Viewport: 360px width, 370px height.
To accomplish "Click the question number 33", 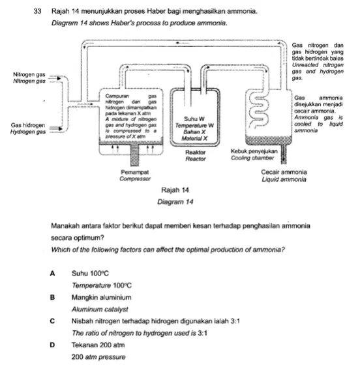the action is pyautogui.click(x=37, y=11).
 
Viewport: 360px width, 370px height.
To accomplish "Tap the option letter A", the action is pyautogui.click(x=52, y=274).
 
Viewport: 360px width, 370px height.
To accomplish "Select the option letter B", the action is pyautogui.click(x=52, y=297).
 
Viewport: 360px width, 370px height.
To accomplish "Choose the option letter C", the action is pyautogui.click(x=52, y=321).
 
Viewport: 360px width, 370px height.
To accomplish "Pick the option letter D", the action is pyautogui.click(x=52, y=345).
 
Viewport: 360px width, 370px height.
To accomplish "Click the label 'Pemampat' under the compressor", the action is pyautogui.click(x=134, y=172).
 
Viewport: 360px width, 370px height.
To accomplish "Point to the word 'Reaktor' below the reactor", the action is pyautogui.click(x=196, y=152).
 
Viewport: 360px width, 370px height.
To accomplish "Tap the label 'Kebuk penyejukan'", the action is pyautogui.click(x=254, y=151).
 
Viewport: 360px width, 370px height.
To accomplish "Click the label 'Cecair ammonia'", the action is pyautogui.click(x=284, y=172).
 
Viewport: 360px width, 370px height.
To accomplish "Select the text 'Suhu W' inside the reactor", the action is pyautogui.click(x=194, y=119).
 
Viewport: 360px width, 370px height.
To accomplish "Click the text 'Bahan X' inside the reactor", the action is pyautogui.click(x=194, y=132).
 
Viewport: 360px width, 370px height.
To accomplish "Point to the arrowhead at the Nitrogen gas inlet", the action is pyautogui.click(x=59, y=78).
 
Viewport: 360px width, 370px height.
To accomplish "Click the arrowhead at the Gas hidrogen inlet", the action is pyautogui.click(x=61, y=129).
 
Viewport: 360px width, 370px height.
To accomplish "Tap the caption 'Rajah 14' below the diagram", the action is pyautogui.click(x=175, y=190).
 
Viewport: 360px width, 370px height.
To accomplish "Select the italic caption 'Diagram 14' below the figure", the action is pyautogui.click(x=175, y=202).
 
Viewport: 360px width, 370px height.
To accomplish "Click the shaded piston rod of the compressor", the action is pyautogui.click(x=134, y=155).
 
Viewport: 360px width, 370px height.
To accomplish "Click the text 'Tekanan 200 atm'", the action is pyautogui.click(x=98, y=345).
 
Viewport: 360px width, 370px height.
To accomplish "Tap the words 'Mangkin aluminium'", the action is pyautogui.click(x=102, y=297).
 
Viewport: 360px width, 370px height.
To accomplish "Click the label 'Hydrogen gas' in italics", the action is pyautogui.click(x=28, y=132).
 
